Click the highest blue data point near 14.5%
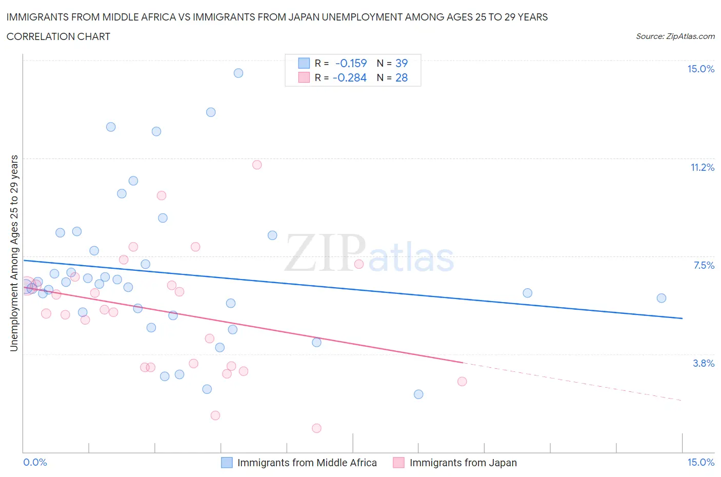(x=238, y=73)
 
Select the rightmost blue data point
(x=662, y=298)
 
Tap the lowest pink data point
(x=316, y=428)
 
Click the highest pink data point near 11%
(x=257, y=165)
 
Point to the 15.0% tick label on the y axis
(x=700, y=69)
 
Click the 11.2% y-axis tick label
(x=702, y=167)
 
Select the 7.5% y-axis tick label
(x=704, y=265)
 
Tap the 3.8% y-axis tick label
(x=704, y=363)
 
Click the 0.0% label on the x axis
(x=35, y=462)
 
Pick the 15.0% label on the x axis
(x=700, y=462)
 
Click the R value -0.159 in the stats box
(x=351, y=63)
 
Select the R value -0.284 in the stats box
(x=349, y=77)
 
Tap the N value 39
(x=402, y=63)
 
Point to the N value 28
(x=402, y=77)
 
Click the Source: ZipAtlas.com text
(x=675, y=36)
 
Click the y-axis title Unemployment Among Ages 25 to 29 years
(x=14, y=253)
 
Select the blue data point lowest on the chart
(x=418, y=394)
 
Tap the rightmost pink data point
(x=462, y=381)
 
